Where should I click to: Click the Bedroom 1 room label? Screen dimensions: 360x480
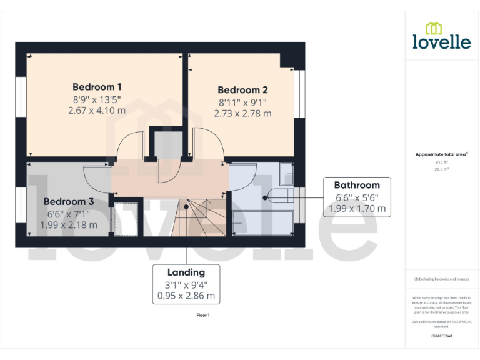97,87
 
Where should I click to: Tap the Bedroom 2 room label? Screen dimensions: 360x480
242,90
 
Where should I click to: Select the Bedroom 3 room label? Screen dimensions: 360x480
69,202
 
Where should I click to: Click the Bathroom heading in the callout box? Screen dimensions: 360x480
357,185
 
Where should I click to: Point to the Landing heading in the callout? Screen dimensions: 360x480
186,272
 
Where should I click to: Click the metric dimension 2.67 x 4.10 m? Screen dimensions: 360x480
97,110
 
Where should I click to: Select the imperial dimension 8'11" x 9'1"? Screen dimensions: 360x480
242,102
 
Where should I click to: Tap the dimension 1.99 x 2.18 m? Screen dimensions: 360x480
69,225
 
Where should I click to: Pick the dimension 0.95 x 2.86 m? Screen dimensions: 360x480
186,296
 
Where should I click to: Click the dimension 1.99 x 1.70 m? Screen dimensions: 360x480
357,208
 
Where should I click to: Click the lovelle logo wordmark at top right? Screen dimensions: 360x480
441,41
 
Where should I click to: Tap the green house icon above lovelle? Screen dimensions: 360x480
434,27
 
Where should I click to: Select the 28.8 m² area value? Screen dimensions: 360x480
441,169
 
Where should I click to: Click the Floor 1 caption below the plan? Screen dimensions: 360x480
203,316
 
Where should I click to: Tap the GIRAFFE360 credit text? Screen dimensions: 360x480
441,336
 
